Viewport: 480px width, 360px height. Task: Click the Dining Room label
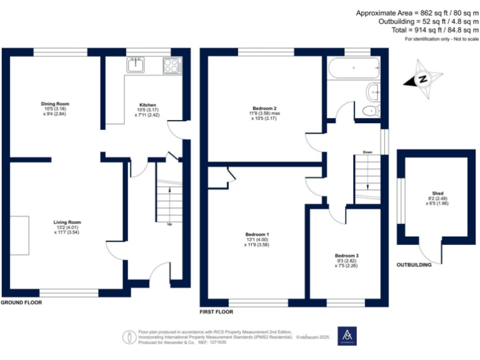[x=55, y=104]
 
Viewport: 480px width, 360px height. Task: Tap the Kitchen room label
[x=147, y=105]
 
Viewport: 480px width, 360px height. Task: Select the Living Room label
[x=67, y=222]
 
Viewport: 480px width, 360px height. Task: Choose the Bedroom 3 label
[x=346, y=256]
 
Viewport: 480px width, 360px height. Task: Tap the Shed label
[x=438, y=194]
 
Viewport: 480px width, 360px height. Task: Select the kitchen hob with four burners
[x=171, y=64]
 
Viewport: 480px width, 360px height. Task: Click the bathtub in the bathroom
[x=354, y=67]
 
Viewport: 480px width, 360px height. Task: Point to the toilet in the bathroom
[x=371, y=111]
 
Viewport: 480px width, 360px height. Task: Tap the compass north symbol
[x=422, y=79]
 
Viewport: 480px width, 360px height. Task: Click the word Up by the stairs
[x=169, y=223]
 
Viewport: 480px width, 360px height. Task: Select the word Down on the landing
[x=368, y=151]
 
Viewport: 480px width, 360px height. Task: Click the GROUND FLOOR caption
[x=21, y=302]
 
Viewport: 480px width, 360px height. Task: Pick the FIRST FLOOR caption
[x=216, y=311]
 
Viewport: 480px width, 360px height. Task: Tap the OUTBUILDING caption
[x=414, y=266]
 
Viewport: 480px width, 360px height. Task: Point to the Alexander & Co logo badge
[x=346, y=336]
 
